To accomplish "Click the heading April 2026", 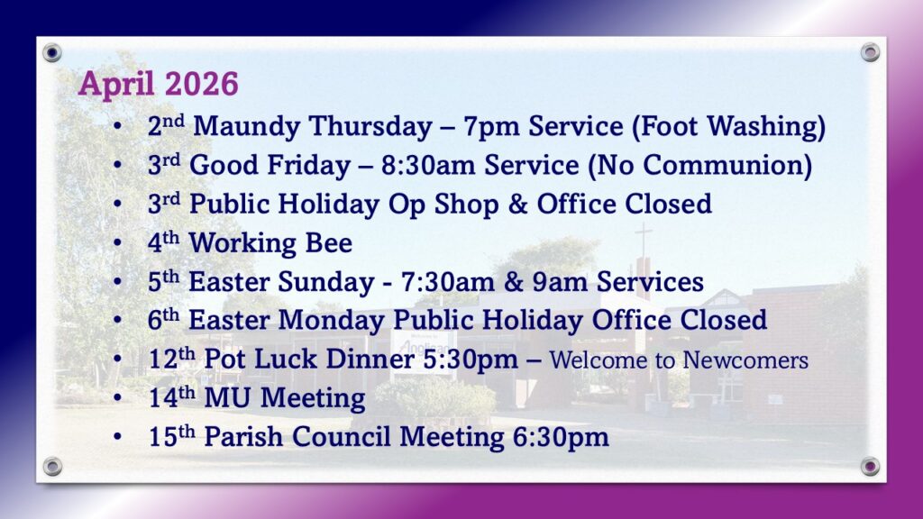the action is point(159,84).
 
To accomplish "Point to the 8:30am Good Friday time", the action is point(428,166).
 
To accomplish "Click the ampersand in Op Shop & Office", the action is point(517,205).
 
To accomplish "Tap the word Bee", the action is point(328,243).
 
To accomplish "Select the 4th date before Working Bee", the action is point(163,241).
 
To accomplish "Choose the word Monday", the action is point(331,321).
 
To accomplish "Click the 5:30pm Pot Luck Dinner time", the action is point(471,360).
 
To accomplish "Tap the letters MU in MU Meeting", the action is point(228,398).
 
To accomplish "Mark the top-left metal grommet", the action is point(51,53).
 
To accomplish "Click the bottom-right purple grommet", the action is point(870,467).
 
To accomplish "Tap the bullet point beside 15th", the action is point(118,437).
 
